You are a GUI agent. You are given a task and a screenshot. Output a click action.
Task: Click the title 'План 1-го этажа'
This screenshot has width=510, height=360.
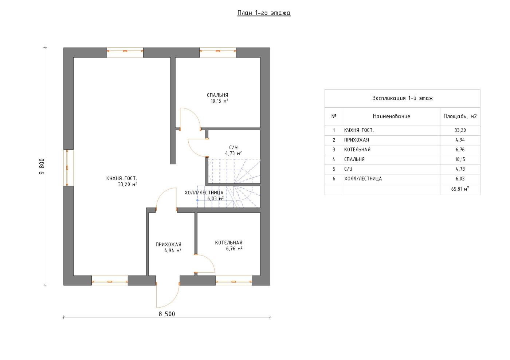264,13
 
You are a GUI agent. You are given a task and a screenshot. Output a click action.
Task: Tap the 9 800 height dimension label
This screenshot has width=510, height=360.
42,166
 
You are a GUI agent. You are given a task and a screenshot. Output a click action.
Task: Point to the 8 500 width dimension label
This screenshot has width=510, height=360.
167,314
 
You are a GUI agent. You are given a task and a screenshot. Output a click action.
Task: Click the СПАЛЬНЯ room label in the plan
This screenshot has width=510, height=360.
218,95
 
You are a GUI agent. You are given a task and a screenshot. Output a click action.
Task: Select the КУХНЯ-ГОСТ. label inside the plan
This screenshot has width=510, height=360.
122,178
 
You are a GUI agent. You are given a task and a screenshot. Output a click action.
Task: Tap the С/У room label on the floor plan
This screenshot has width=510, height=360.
234,147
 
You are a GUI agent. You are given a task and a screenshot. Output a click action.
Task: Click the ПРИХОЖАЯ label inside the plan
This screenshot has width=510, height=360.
168,244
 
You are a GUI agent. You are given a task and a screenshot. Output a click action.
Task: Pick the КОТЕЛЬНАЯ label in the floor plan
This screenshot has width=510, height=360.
229,242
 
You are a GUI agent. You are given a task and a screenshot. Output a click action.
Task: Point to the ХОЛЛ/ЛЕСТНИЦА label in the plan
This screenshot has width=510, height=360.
204,193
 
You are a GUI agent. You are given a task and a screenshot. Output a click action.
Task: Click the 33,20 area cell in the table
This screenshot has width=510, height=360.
460,130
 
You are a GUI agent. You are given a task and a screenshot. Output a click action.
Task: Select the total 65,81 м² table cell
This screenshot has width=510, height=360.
460,189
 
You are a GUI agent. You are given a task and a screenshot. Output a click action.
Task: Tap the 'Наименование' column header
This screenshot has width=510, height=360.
391,116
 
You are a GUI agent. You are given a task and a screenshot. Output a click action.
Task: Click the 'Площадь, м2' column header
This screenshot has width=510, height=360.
460,116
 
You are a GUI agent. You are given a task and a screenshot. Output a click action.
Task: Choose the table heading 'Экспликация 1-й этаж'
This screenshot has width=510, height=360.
403,98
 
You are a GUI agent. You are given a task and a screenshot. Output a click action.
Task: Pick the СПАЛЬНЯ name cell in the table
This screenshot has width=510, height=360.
354,159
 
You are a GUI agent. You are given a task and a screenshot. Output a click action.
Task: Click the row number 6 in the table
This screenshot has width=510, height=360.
334,179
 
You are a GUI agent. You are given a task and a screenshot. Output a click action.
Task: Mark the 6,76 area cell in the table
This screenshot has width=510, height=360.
460,150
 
